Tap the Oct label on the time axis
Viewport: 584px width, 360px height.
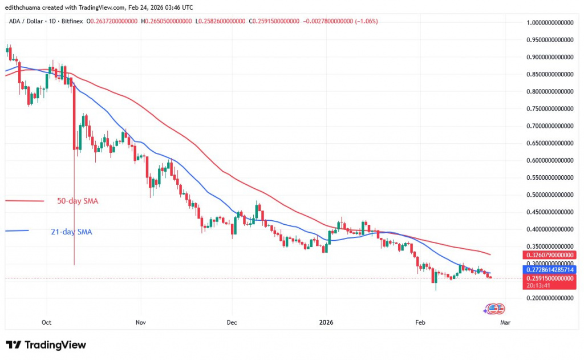[x=47, y=322]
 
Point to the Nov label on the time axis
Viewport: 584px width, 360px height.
[x=141, y=322]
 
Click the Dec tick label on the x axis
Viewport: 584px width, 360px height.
[x=232, y=322]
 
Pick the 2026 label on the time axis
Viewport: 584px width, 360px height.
[x=326, y=322]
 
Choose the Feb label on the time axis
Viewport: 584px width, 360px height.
[x=420, y=322]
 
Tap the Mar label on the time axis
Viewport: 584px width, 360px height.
[x=505, y=322]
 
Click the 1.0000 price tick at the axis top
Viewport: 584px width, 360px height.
[x=550, y=23]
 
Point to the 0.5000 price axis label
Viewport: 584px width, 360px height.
[x=550, y=195]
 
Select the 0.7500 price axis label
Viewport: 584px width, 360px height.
[x=550, y=108]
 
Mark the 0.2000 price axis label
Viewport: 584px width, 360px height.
[x=550, y=298]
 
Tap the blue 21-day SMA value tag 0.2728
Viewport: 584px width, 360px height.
[x=550, y=268]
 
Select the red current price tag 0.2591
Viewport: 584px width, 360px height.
[x=550, y=278]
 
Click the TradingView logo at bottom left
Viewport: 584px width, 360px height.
[x=46, y=345]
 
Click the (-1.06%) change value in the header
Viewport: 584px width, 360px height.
[x=365, y=21]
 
